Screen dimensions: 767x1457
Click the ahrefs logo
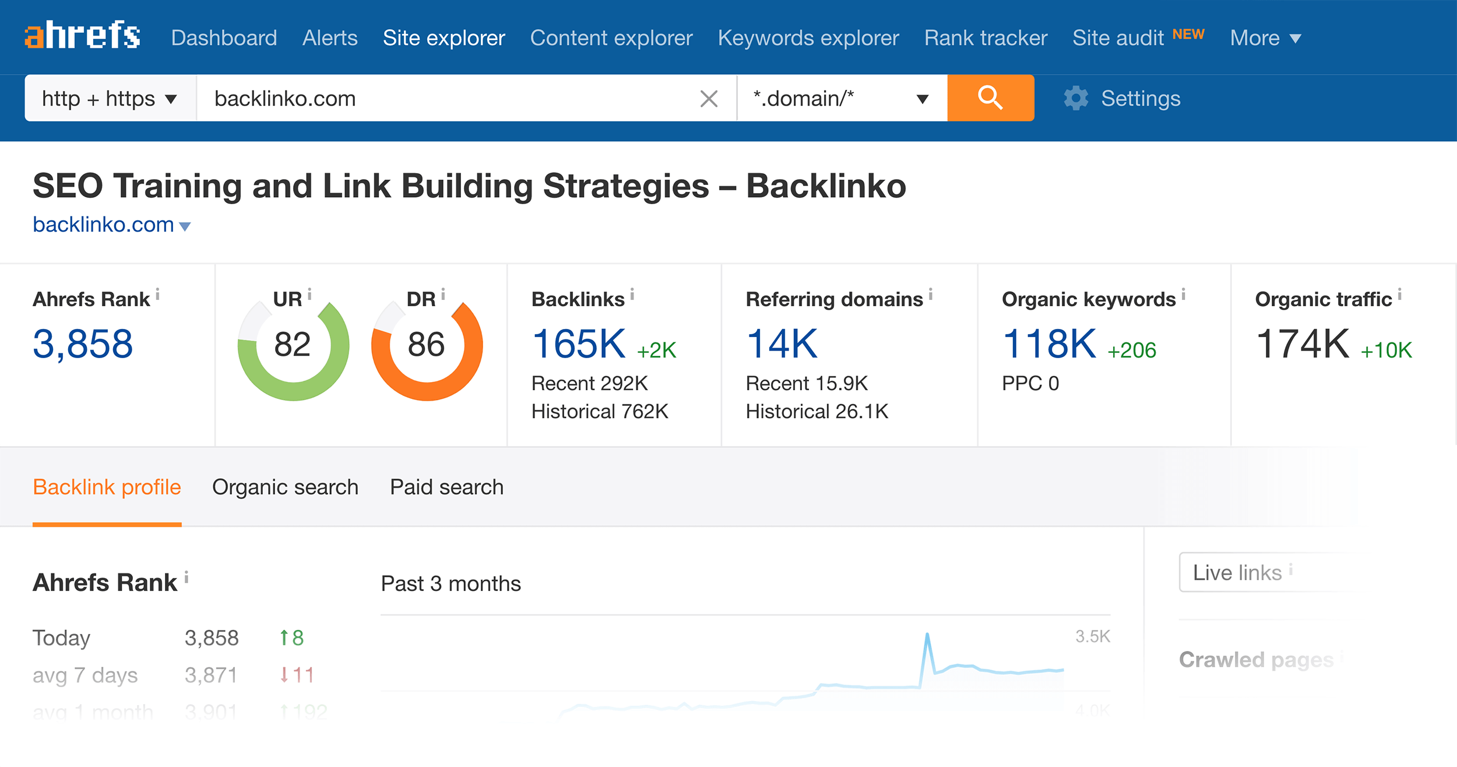82,36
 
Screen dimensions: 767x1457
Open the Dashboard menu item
224,38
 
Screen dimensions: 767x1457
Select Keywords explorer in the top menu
808,38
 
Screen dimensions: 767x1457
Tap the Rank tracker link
986,38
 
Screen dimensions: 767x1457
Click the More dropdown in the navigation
1265,38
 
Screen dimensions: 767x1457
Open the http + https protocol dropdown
110,99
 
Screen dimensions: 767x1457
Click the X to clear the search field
709,99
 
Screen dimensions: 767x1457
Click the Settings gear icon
1076,99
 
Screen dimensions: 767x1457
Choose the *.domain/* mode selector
841,99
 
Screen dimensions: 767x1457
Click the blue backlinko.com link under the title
104,225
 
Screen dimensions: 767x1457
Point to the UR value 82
292,344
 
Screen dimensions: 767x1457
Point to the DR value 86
426,344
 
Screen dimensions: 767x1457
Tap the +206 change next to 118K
1132,350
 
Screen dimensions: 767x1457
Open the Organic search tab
285,487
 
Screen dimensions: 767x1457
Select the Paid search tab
446,487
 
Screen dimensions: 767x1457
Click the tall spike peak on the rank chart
927,635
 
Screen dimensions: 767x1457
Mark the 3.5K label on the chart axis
1092,636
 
